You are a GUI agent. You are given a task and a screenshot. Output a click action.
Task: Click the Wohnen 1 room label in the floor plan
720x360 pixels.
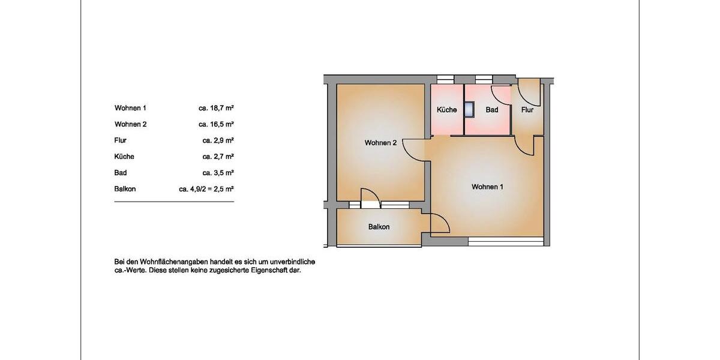coord(487,187)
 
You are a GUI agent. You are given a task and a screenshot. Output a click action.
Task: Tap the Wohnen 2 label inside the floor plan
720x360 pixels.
coord(380,143)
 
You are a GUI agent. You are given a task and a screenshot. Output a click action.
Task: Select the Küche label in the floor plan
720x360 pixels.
coord(446,110)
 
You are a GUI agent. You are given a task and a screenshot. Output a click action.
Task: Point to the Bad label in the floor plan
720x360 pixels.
coord(492,110)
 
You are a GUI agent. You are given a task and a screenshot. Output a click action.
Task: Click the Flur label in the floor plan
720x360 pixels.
coord(527,110)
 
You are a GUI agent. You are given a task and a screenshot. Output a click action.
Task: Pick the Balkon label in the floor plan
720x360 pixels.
coord(379,227)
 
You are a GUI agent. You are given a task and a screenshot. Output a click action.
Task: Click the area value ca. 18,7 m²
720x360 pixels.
coord(216,108)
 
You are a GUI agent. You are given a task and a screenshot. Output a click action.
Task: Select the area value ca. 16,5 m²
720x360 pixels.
coord(216,124)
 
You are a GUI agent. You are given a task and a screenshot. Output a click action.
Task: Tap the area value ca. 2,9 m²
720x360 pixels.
coord(218,140)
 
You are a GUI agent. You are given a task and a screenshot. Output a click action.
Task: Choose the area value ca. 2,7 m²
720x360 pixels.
coord(218,157)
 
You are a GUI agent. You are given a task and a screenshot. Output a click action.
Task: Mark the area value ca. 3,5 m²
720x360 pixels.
coord(218,173)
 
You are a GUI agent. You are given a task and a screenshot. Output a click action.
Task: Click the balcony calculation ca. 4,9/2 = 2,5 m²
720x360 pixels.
coord(206,189)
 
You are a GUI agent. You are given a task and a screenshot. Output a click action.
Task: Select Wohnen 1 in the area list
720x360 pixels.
coord(130,108)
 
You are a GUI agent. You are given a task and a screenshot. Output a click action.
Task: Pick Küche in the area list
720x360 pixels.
coord(124,157)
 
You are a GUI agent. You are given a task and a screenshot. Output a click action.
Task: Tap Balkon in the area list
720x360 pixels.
coord(125,189)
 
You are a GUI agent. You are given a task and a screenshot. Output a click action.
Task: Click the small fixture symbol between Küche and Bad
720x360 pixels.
coord(469,109)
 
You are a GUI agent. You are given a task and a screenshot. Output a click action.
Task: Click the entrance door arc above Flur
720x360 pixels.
coord(528,93)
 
